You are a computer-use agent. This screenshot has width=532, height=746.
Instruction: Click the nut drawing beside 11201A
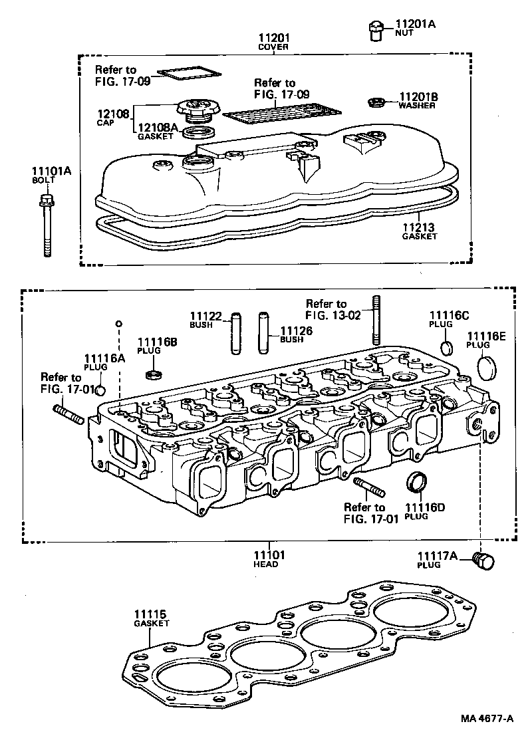pyautogui.click(x=374, y=31)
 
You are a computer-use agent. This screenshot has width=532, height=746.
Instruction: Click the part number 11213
pyautogui.click(x=420, y=227)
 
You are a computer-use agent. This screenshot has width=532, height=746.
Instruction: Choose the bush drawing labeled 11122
pyautogui.click(x=236, y=333)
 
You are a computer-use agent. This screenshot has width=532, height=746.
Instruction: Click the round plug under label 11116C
pyautogui.click(x=448, y=347)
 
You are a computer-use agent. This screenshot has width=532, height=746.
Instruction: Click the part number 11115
pyautogui.click(x=151, y=614)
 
